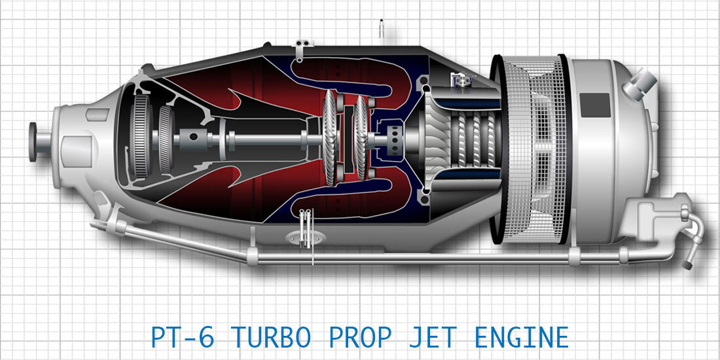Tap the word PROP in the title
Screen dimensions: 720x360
point(361,338)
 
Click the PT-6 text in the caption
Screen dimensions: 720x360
point(183,338)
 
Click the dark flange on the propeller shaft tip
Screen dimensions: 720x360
point(33,141)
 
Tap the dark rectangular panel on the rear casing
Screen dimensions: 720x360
point(596,105)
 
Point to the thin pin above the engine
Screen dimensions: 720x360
point(381,28)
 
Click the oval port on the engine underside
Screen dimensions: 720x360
point(306,238)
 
